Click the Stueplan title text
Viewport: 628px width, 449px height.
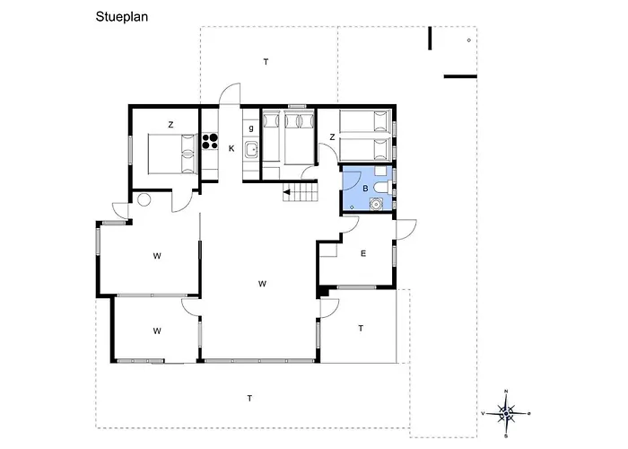point(122,17)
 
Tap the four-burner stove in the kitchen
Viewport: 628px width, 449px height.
point(210,141)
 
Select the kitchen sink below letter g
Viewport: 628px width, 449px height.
point(252,150)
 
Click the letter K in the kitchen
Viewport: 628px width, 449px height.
point(231,149)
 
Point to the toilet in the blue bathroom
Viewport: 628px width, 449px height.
point(383,188)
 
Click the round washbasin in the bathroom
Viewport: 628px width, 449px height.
point(376,204)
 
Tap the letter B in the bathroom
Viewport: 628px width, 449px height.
point(365,189)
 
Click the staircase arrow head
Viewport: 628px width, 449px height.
point(286,192)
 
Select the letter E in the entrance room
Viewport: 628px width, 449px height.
point(363,253)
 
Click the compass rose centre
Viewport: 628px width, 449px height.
point(506,413)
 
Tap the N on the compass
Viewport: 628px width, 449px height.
point(506,392)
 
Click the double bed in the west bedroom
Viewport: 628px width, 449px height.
point(172,154)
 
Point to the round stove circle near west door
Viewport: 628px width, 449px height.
point(144,199)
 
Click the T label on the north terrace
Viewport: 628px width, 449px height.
point(266,62)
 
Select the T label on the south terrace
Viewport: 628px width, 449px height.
point(249,399)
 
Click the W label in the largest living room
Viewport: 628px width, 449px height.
point(262,284)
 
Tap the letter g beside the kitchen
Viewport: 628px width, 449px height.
point(251,128)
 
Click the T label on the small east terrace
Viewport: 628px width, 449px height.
point(361,329)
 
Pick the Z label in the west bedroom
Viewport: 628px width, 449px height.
point(170,125)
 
